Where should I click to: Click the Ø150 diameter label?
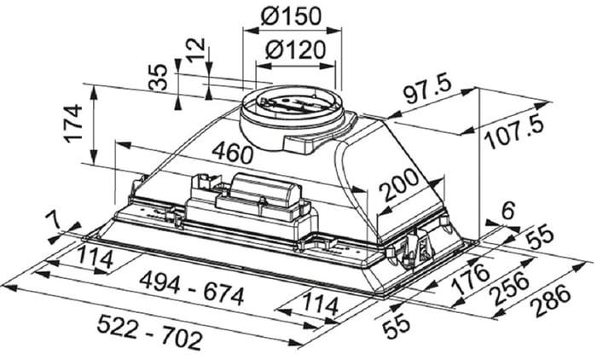292,16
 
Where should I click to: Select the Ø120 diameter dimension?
296,49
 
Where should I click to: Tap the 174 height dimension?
73,125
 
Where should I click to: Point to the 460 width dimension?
232,153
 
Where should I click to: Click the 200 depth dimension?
401,185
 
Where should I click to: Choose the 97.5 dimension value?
427,90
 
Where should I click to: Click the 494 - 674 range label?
192,288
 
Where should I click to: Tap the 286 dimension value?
551,301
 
